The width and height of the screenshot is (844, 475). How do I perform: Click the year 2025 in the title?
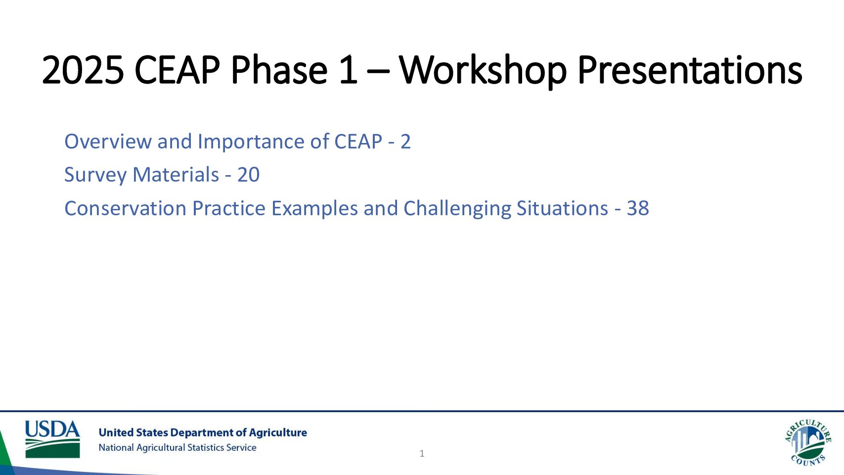[x=83, y=70]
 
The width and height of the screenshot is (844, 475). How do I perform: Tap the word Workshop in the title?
[x=482, y=70]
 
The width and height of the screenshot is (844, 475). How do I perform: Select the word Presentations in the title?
[x=689, y=70]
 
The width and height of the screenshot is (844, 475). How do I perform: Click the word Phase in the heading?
[x=278, y=70]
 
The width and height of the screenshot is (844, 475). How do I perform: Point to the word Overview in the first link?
[x=108, y=142]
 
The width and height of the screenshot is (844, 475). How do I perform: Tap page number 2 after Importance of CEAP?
[x=405, y=142]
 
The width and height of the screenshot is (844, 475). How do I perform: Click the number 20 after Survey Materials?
[x=248, y=175]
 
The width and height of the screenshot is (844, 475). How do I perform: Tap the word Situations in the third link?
[x=562, y=208]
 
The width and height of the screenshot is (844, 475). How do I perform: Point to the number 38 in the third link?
[x=637, y=208]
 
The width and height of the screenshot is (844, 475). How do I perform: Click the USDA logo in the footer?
[x=52, y=439]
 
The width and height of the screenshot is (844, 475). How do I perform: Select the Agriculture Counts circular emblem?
[x=807, y=442]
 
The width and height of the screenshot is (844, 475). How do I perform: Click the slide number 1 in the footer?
[x=422, y=453]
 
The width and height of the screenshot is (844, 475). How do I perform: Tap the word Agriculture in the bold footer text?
[x=277, y=432]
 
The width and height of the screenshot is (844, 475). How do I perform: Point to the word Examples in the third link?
[x=314, y=208]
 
